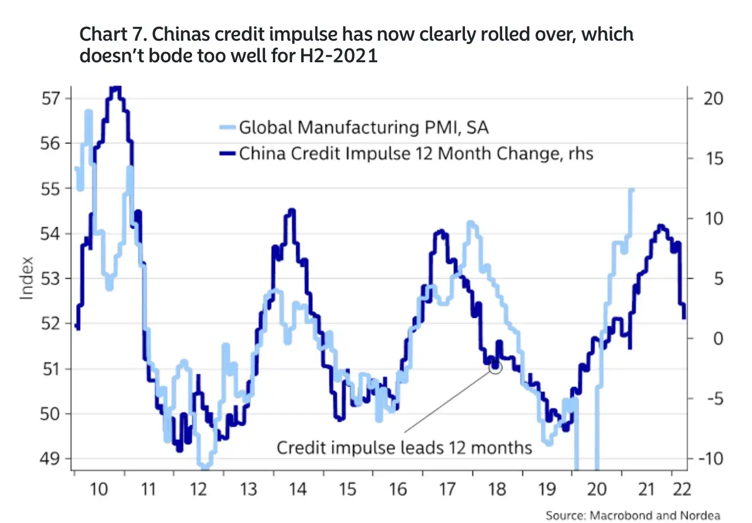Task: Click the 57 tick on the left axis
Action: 50,99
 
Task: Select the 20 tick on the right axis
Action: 713,99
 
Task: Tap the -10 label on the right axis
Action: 710,459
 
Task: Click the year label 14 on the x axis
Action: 297,489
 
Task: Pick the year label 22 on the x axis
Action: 681,489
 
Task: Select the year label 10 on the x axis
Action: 98,489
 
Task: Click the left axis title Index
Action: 26,278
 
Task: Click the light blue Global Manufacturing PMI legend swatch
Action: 227,128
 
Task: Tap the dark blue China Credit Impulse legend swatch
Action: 227,153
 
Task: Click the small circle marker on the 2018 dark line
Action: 495,367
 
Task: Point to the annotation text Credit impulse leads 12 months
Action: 404,448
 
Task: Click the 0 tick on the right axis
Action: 718,338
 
